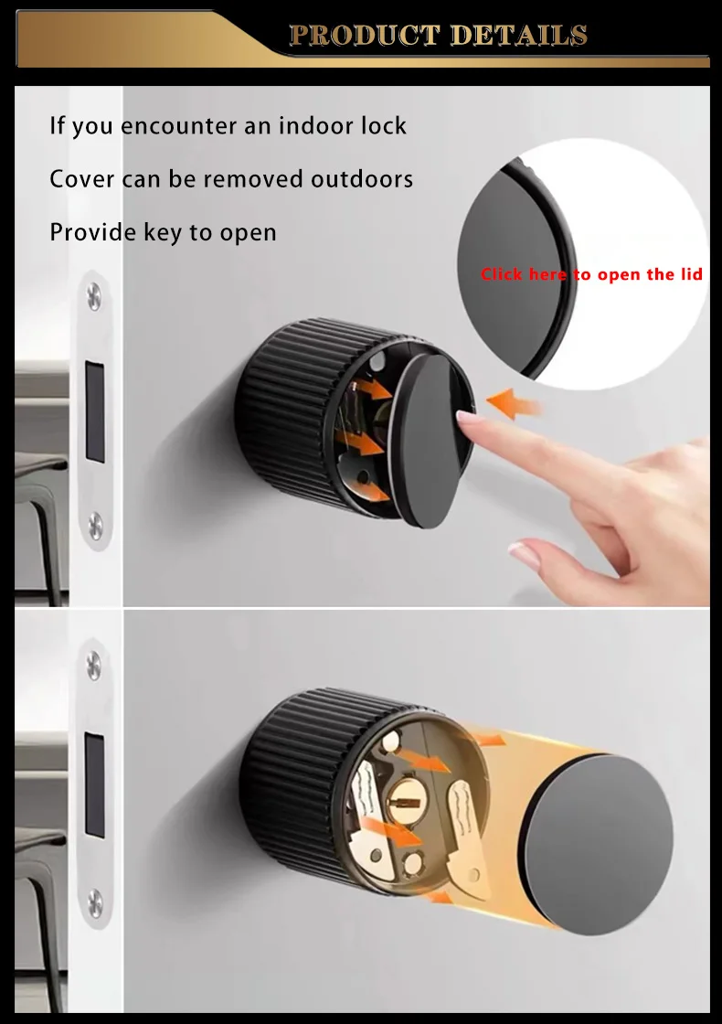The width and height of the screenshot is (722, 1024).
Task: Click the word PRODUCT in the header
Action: (366, 36)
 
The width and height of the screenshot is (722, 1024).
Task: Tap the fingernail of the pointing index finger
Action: (467, 421)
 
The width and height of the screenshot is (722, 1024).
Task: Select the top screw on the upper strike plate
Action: (94, 294)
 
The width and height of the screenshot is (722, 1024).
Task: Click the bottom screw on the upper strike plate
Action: (94, 523)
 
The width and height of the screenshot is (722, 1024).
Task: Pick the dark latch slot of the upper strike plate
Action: (94, 410)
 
